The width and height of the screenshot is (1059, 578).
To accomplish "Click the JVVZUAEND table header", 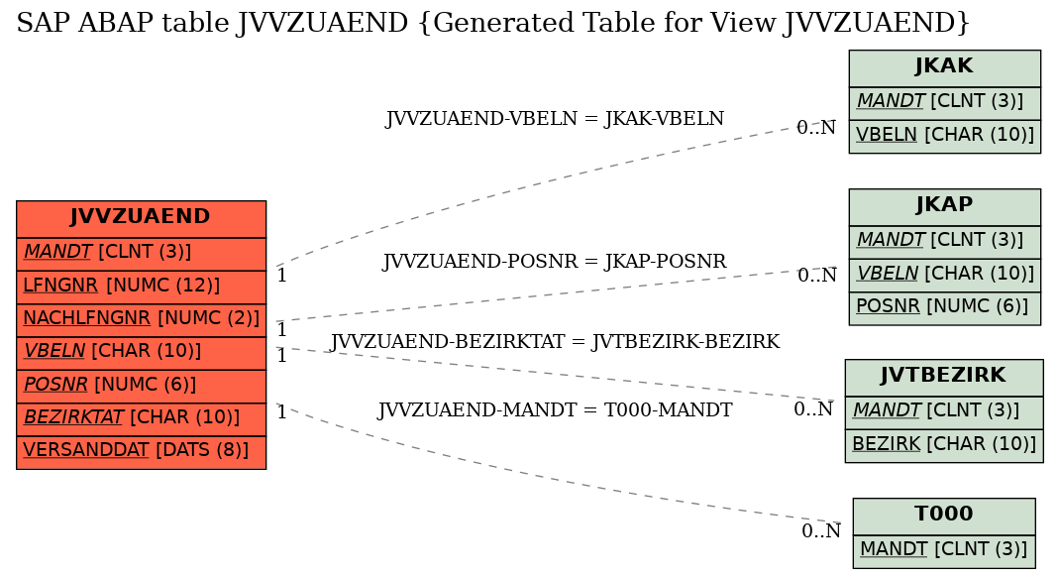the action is (141, 219).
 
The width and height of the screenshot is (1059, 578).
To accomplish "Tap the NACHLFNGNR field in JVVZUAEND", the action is (141, 320).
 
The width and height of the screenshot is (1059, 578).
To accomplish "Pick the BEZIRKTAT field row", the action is (141, 419).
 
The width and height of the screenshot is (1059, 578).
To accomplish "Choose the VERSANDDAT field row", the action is (141, 452).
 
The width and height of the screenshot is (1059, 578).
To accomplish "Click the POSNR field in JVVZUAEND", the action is (141, 387).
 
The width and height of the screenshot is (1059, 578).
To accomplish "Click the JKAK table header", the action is (944, 68).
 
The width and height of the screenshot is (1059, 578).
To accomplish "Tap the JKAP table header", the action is (944, 207).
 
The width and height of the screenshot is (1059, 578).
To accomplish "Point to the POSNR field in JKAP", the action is (944, 308).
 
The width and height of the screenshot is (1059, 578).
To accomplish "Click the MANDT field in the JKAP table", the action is (944, 242).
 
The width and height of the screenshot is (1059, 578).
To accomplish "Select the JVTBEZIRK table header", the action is (943, 377).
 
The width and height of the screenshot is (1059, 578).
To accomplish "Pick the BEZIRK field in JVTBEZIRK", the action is (943, 446).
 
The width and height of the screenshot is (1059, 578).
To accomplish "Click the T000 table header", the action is (943, 516).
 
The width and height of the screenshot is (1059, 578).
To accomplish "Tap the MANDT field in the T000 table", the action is (943, 551).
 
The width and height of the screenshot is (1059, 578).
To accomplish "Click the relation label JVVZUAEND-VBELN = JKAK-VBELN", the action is (555, 119).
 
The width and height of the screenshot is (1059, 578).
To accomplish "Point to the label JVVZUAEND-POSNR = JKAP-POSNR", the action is (555, 262).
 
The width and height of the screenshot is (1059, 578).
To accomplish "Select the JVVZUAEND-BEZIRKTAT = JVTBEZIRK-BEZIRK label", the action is (555, 342).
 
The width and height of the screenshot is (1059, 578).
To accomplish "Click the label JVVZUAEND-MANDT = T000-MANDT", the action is (555, 410).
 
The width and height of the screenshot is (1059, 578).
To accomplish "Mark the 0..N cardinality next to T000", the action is (821, 531).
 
